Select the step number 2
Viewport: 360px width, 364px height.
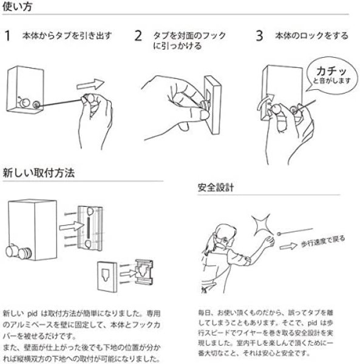coord(138,36)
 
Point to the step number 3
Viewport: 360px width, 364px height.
coord(260,36)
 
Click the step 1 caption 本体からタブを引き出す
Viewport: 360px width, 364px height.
coord(67,36)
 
